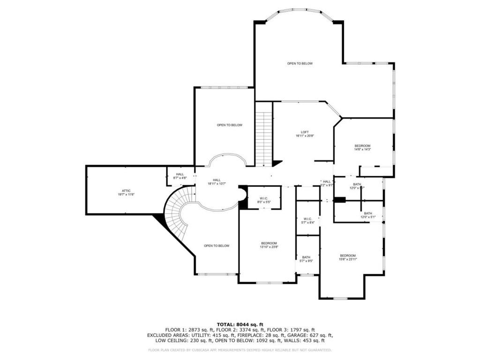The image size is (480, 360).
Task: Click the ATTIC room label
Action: click(x=126, y=192)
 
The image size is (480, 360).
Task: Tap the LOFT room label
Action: click(x=305, y=134)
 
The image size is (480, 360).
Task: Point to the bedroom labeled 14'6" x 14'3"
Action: click(x=362, y=147)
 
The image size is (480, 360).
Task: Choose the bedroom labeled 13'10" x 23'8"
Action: click(x=269, y=245)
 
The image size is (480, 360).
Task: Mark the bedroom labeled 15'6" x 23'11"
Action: click(x=348, y=257)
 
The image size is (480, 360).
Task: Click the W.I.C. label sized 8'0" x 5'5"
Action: click(x=264, y=200)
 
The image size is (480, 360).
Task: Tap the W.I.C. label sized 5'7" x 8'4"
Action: click(x=307, y=220)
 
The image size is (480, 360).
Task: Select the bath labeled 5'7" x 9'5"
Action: click(x=306, y=259)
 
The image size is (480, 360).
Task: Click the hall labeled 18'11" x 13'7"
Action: click(x=217, y=181)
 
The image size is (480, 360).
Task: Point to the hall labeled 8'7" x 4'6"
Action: click(x=180, y=176)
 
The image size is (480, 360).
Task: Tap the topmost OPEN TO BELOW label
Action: click(x=300, y=63)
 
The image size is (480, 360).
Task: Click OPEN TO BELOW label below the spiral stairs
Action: click(x=217, y=246)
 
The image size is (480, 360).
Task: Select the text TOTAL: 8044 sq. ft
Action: click(x=240, y=324)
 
